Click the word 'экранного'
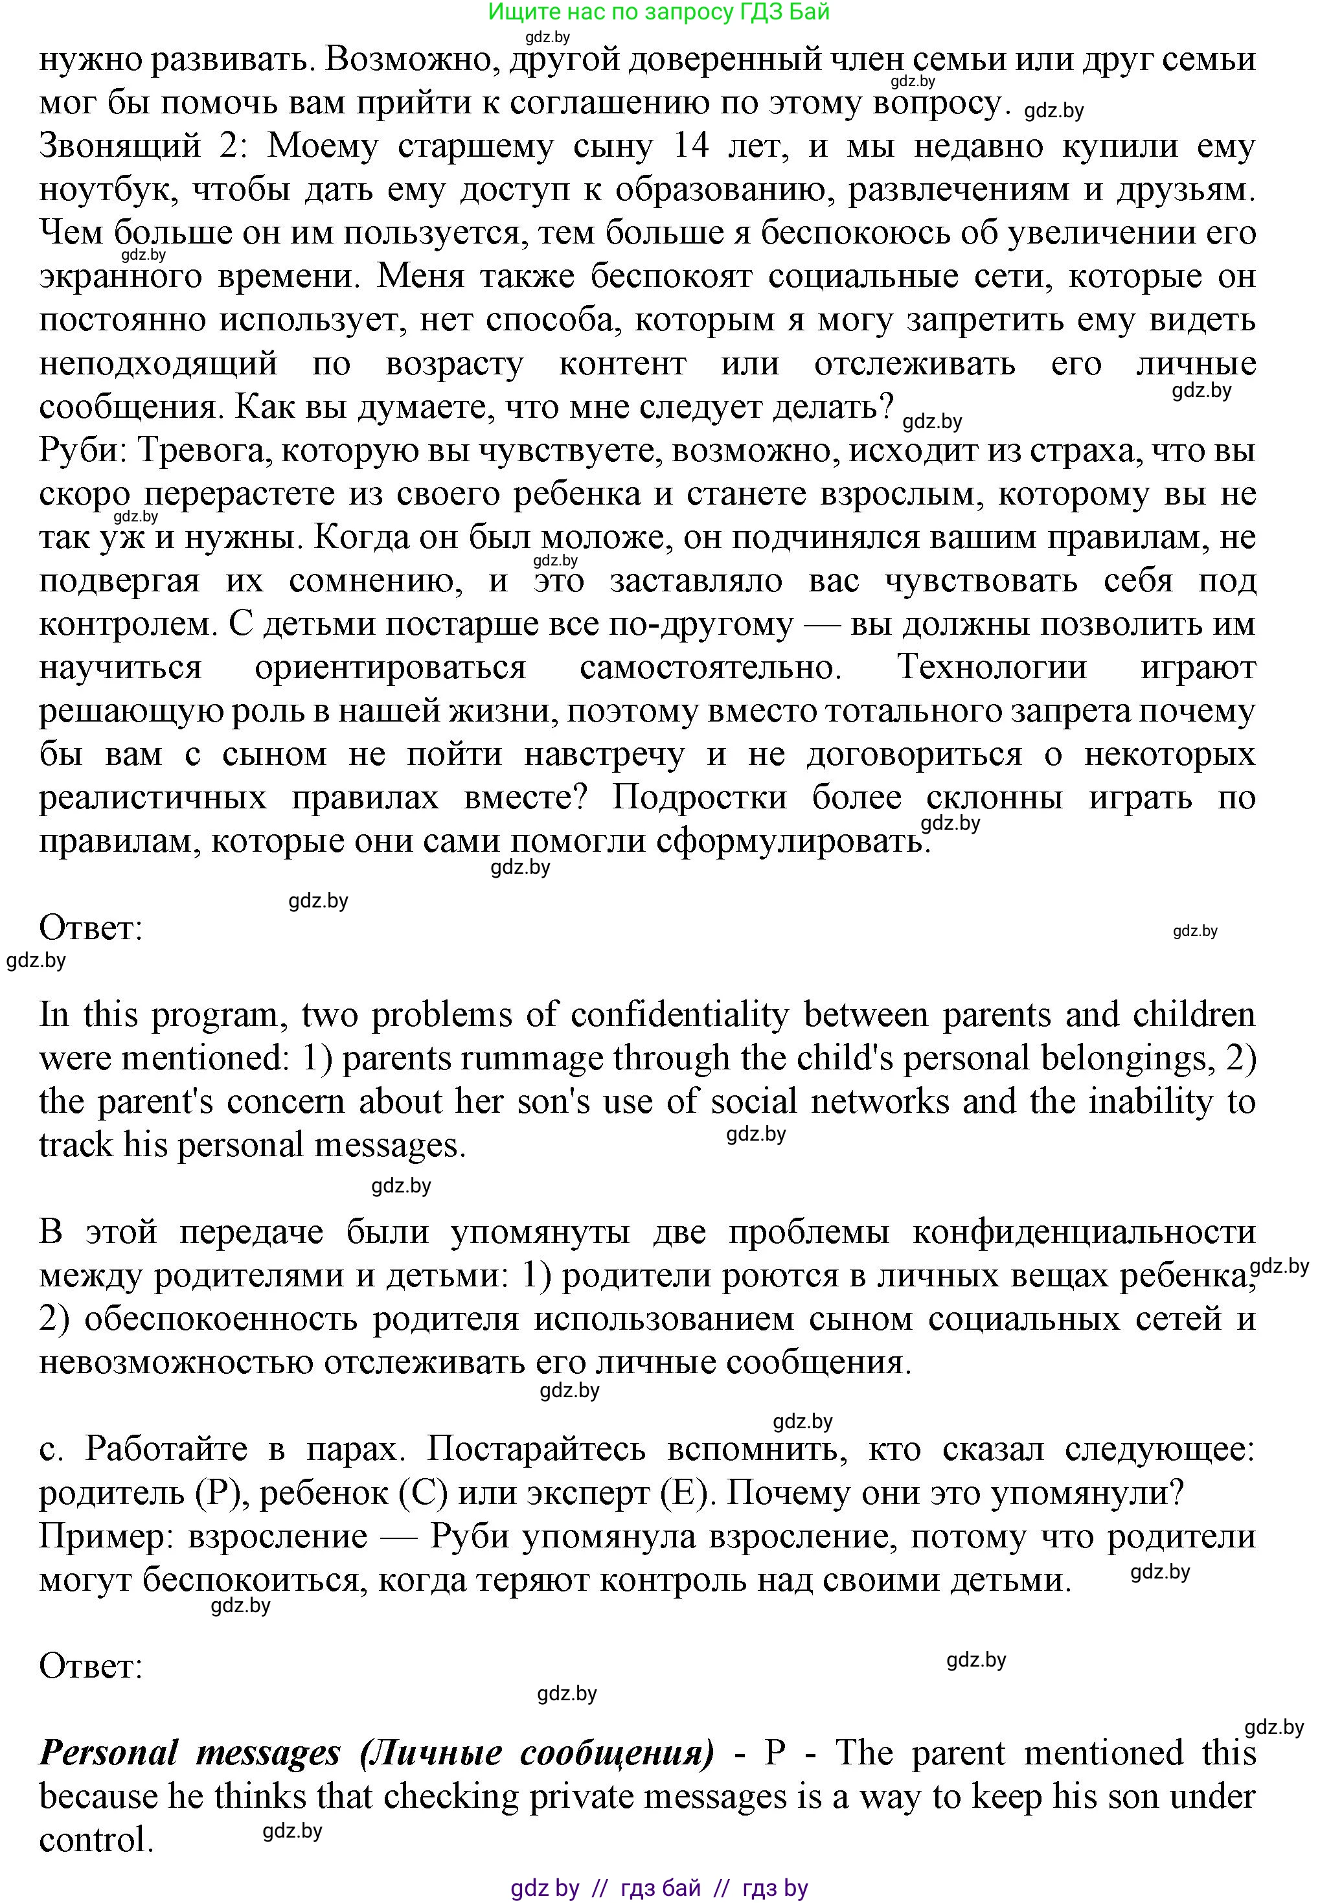click(x=120, y=276)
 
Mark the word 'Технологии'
click(x=992, y=667)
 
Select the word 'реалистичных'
click(x=152, y=798)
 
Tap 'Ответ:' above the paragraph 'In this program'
click(x=91, y=929)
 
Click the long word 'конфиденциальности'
click(x=1084, y=1232)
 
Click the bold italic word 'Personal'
click(x=109, y=1753)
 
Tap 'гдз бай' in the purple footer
click(x=660, y=1882)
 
